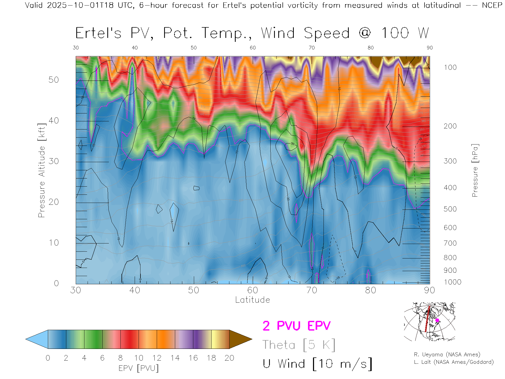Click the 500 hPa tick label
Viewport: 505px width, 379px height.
click(x=450, y=209)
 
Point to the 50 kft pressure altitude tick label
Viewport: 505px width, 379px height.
click(x=53, y=80)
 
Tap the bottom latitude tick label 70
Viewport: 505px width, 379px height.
click(x=311, y=290)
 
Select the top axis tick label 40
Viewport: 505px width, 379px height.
click(x=135, y=48)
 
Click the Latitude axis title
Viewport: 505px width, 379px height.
click(x=252, y=300)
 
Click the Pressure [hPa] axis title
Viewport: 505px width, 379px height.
click(x=475, y=170)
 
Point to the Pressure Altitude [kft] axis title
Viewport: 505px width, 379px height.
click(x=42, y=170)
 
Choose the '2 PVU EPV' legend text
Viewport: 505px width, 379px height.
click(x=296, y=326)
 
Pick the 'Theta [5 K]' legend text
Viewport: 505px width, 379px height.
click(x=299, y=345)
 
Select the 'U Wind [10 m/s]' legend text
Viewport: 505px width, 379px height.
click(x=317, y=364)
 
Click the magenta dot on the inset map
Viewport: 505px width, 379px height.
click(x=437, y=320)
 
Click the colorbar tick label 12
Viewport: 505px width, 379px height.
click(x=157, y=358)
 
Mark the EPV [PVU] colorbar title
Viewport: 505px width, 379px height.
click(x=138, y=368)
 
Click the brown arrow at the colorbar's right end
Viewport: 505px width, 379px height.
click(x=240, y=339)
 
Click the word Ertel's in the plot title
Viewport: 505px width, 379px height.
click(x=98, y=33)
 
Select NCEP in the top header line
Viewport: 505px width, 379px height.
click(x=492, y=5)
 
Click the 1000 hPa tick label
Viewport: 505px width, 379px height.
click(x=452, y=282)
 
